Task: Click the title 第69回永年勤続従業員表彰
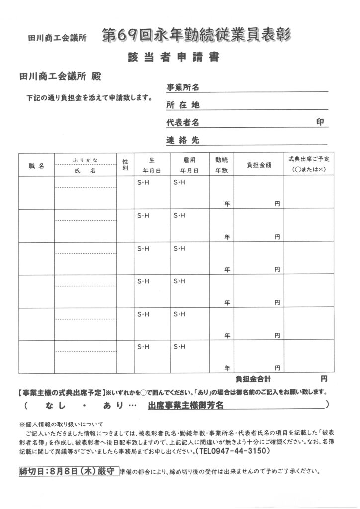point(196,35)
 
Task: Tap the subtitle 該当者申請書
point(174,58)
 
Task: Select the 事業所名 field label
point(182,88)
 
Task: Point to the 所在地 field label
point(182,105)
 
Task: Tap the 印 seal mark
point(320,122)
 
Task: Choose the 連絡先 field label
point(182,140)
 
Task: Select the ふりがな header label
point(86,160)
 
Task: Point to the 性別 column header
point(125,165)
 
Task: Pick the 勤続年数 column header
point(221,165)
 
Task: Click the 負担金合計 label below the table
point(254,378)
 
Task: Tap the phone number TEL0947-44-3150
point(234,451)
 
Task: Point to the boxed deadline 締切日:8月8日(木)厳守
point(67,471)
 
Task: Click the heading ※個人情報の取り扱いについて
point(61,425)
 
